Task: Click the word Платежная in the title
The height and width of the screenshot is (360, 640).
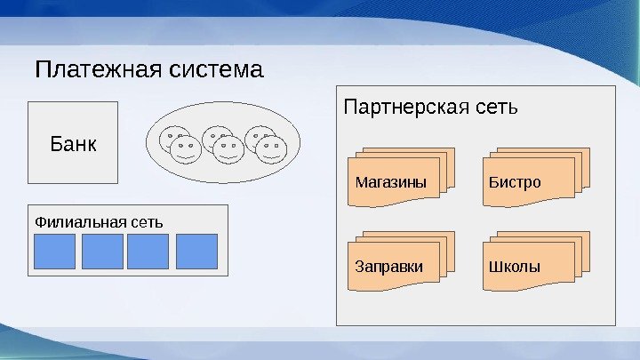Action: (x=88, y=68)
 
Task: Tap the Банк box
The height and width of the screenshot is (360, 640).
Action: (x=73, y=143)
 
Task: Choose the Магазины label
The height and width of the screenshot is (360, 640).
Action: (x=391, y=183)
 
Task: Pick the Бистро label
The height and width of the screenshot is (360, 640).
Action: (x=515, y=183)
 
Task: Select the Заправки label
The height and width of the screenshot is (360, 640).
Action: (x=389, y=267)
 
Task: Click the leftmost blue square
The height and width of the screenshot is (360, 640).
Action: (x=54, y=252)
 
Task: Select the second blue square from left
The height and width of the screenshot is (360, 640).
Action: (x=102, y=252)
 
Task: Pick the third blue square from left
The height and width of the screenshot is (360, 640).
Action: (x=148, y=252)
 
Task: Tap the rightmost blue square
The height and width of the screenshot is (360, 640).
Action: (x=196, y=252)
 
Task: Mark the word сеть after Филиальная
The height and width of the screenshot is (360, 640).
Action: (x=147, y=220)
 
